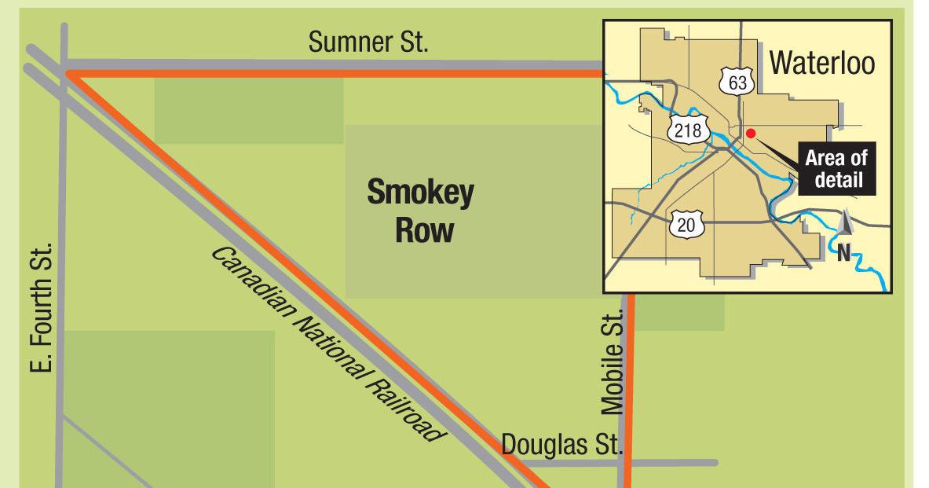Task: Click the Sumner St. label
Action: pyautogui.click(x=368, y=42)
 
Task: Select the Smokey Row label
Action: pyautogui.click(x=421, y=210)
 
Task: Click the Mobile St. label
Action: pyautogui.click(x=613, y=361)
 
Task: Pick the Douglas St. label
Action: pyautogui.click(x=561, y=444)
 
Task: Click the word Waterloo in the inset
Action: pyautogui.click(x=821, y=63)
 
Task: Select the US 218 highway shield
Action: pyautogui.click(x=688, y=130)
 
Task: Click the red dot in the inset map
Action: pyautogui.click(x=751, y=133)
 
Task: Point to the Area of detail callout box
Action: pyautogui.click(x=836, y=169)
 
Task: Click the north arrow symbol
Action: pyautogui.click(x=845, y=222)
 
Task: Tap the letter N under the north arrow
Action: pyautogui.click(x=843, y=253)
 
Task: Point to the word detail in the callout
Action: pyautogui.click(x=838, y=180)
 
